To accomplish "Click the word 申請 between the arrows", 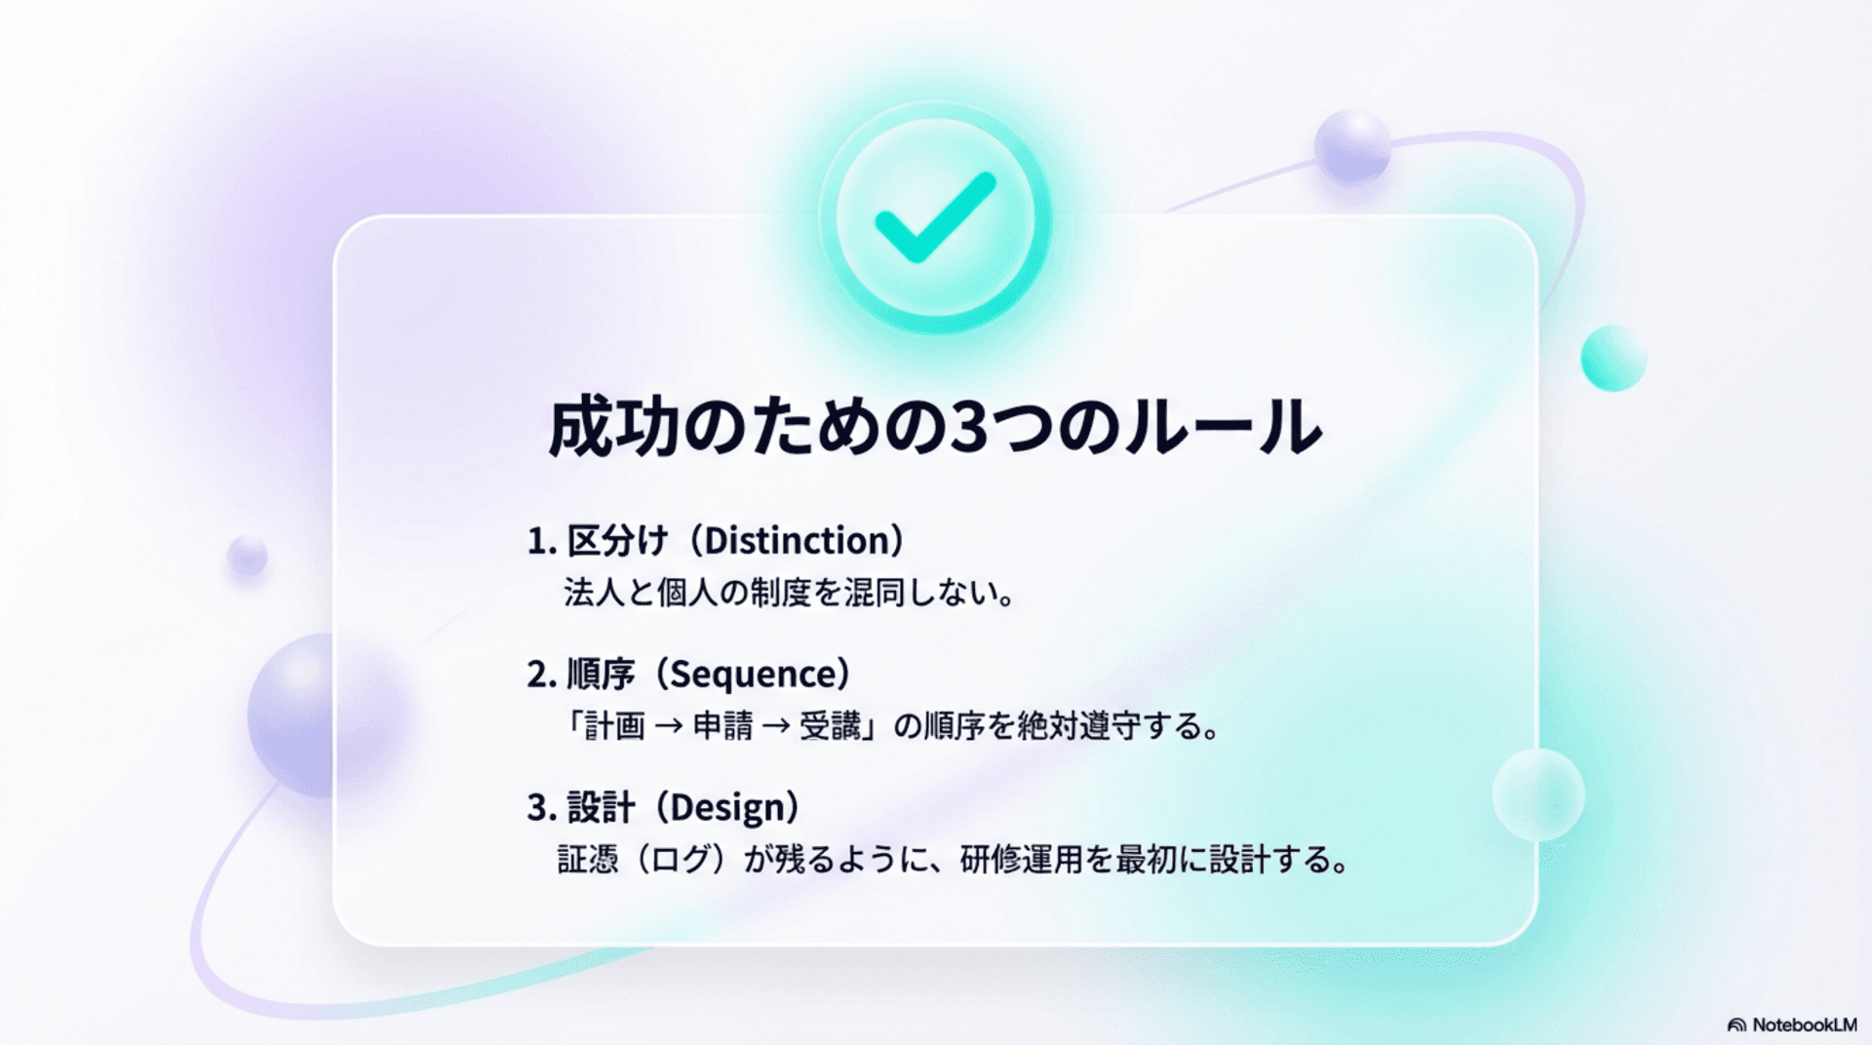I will coord(722,726).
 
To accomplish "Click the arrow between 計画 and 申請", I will coord(669,726).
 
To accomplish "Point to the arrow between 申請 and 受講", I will coord(776,726).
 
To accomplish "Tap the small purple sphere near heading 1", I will coord(248,556).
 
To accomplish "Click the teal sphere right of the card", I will coord(1614,358).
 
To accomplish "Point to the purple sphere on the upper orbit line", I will coord(1351,146).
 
